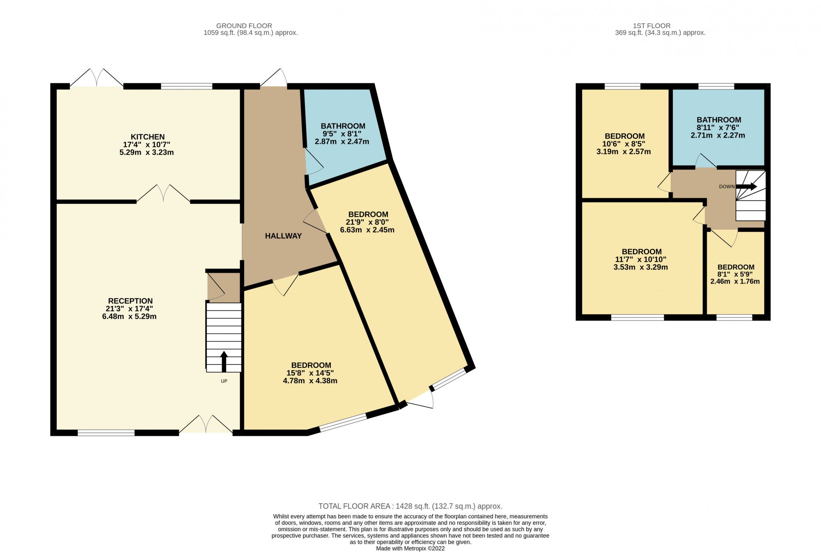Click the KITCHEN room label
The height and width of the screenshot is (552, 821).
coord(147,137)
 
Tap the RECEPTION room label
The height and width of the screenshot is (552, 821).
coord(130,301)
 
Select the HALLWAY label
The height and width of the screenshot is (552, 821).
coord(283,236)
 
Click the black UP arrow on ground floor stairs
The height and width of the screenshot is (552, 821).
coord(224,361)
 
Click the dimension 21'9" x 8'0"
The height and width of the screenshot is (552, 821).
coord(367,222)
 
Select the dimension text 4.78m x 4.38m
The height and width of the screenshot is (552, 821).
coord(310,381)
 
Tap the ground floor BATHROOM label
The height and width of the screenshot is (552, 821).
coord(343,126)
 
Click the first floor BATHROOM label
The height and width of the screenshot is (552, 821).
coord(718,120)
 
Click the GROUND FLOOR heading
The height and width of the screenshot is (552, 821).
coord(244,25)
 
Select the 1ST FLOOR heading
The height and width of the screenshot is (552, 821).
coord(651,25)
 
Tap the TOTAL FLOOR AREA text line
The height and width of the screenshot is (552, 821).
coord(410,506)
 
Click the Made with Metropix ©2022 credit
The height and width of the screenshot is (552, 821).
coord(410,548)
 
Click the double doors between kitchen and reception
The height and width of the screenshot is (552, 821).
coord(163,195)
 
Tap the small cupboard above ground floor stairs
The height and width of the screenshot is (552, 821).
coord(223,287)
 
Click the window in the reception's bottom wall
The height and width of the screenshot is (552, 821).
coord(106,432)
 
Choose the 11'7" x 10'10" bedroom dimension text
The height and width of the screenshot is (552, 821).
coord(640,260)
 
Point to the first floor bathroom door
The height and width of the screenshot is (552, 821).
coord(706,162)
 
